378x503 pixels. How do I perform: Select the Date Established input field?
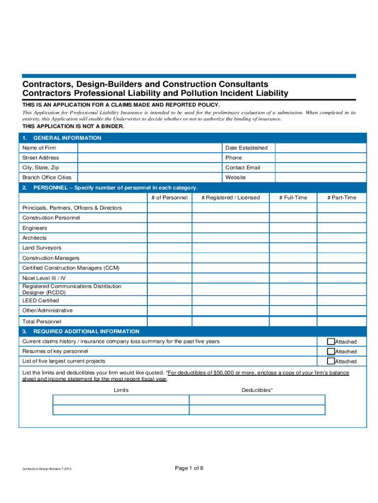(x=320, y=148)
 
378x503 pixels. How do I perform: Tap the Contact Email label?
(x=243, y=168)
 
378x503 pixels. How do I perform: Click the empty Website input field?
(x=320, y=177)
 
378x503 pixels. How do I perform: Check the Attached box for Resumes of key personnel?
(x=331, y=351)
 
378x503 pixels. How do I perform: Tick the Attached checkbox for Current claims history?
(x=331, y=341)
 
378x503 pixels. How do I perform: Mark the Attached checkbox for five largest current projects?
(x=331, y=361)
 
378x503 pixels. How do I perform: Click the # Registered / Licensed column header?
(x=230, y=197)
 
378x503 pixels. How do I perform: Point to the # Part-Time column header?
(x=342, y=197)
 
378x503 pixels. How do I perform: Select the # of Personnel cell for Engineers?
(x=169, y=228)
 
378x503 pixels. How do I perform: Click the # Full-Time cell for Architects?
(x=293, y=238)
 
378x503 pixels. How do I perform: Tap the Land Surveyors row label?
(x=42, y=248)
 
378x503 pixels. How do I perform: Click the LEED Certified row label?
(x=40, y=301)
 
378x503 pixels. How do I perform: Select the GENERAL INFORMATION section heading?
(x=67, y=138)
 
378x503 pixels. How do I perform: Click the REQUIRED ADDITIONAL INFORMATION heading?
(x=86, y=332)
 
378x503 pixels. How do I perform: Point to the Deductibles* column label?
(x=257, y=390)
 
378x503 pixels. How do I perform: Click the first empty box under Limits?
(x=121, y=399)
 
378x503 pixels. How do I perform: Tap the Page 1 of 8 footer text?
(x=189, y=468)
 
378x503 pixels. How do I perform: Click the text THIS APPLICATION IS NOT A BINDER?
(x=73, y=126)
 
